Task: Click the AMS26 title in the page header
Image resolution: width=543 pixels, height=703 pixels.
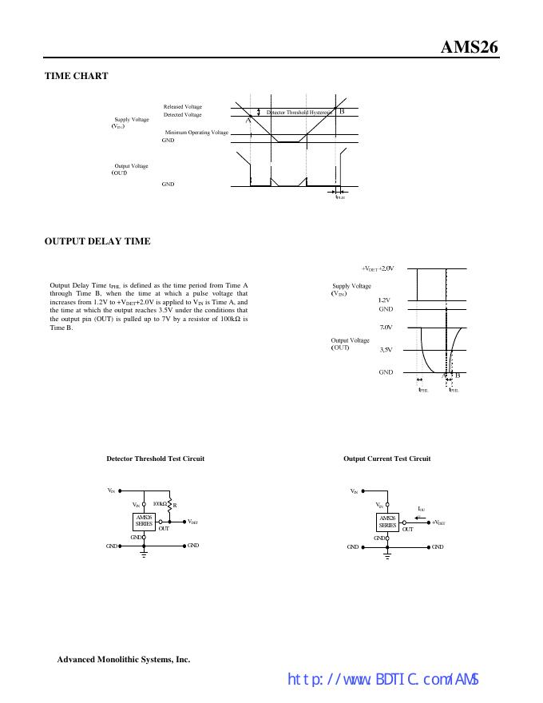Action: click(470, 47)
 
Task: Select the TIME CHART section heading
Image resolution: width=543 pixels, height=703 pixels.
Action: click(77, 76)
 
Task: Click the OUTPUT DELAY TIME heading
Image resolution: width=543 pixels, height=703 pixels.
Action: click(97, 241)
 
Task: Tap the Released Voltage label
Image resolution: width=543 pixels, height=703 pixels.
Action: click(183, 106)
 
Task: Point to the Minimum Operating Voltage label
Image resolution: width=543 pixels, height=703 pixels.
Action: click(196, 132)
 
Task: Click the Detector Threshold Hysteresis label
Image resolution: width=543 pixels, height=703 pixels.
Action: click(298, 113)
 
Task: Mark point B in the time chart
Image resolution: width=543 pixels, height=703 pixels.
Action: click(342, 111)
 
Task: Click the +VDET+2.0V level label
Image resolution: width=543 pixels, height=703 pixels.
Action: click(379, 268)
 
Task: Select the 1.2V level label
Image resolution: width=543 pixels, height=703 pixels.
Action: click(384, 300)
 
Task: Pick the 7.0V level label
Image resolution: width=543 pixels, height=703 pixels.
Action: click(386, 328)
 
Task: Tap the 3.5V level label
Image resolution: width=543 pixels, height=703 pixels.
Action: click(386, 350)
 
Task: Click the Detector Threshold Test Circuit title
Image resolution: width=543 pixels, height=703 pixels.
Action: click(155, 459)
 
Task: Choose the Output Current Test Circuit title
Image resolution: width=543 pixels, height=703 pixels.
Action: click(386, 459)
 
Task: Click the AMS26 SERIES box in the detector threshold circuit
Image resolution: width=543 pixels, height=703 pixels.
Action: click(144, 522)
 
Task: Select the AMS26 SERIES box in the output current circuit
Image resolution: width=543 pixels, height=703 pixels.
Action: click(387, 522)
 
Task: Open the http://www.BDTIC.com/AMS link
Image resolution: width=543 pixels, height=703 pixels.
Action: click(382, 680)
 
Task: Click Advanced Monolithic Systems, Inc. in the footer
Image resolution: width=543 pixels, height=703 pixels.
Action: click(124, 660)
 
